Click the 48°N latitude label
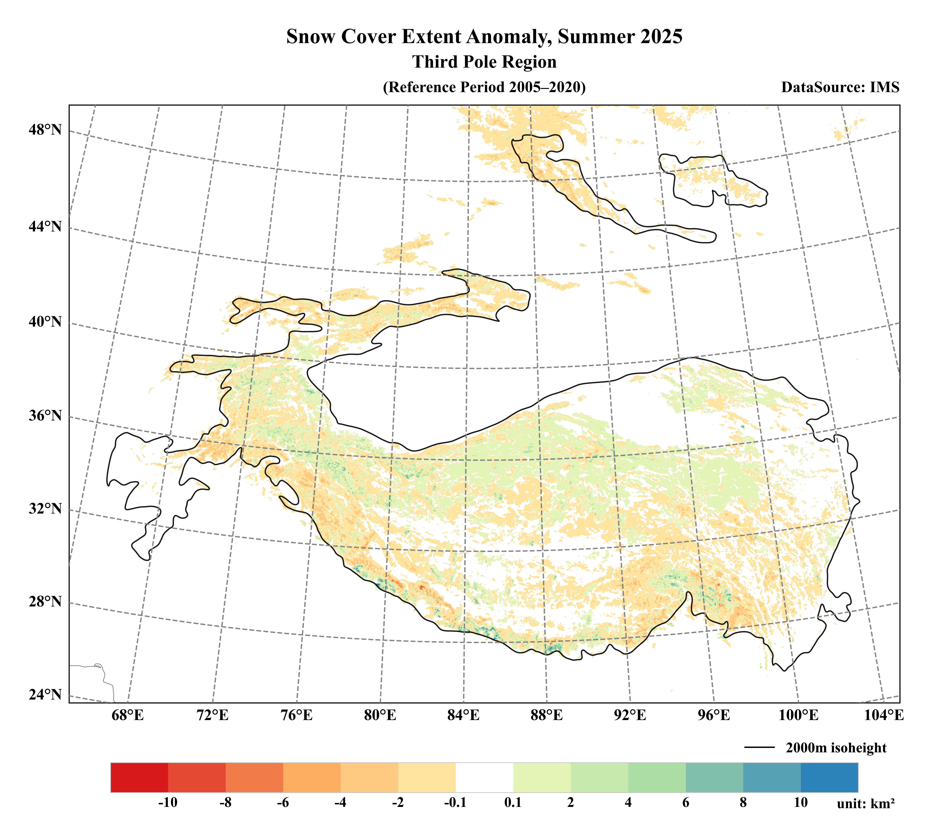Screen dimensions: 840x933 [x=45, y=130]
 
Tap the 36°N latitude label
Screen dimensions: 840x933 [x=45, y=415]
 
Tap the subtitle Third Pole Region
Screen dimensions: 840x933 [x=484, y=62]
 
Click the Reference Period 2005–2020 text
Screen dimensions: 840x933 [x=484, y=87]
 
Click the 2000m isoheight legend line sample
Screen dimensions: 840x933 [x=759, y=748]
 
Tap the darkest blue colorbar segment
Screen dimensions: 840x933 [x=829, y=778]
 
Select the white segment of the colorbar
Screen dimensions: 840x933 [x=484, y=778]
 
